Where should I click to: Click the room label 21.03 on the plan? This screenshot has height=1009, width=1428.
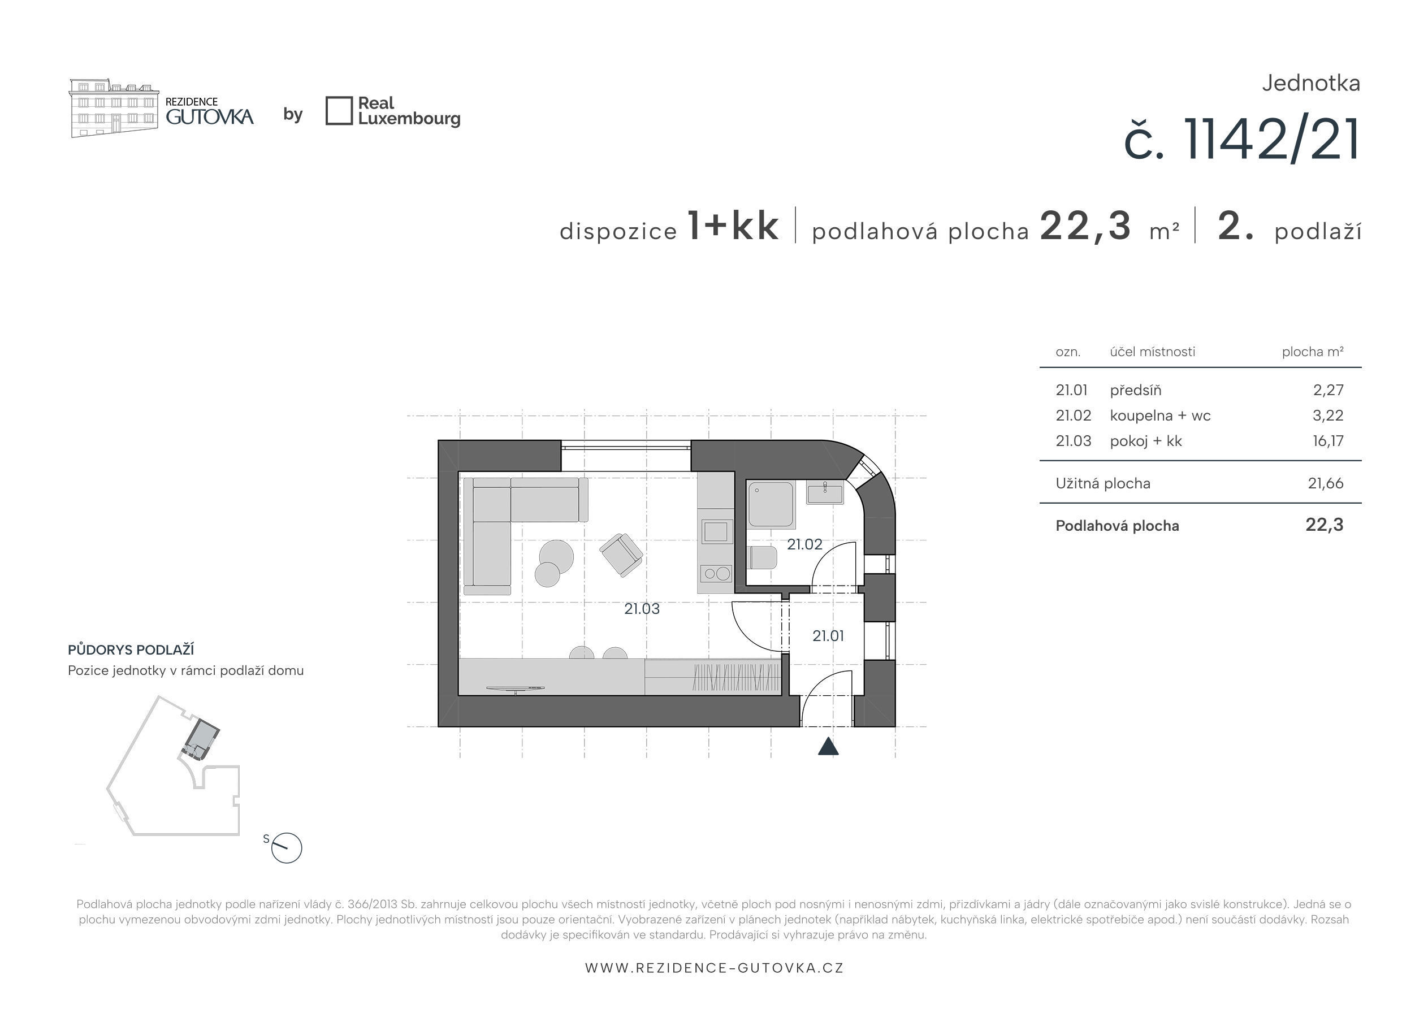(642, 609)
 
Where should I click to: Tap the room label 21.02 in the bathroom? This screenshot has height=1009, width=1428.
(804, 544)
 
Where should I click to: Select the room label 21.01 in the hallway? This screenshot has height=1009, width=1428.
(828, 636)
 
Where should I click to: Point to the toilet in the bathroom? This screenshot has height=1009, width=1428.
(763, 558)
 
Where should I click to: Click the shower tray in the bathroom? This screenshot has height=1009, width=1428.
(771, 504)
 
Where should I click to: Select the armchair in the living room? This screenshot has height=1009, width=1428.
(621, 555)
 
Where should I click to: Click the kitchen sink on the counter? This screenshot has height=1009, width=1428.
(715, 531)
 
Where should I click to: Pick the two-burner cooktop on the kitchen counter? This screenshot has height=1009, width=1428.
(715, 574)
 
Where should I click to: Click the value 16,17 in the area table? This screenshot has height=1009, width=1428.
(1328, 441)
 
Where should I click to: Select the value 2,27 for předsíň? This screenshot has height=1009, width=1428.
(1329, 390)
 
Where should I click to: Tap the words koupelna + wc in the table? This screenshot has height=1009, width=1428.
(1160, 415)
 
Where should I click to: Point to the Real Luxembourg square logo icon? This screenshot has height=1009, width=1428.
(339, 111)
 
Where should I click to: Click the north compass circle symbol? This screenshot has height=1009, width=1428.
(287, 848)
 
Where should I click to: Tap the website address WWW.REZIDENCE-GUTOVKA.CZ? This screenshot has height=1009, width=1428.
(714, 968)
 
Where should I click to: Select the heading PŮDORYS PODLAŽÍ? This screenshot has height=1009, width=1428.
(131, 650)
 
